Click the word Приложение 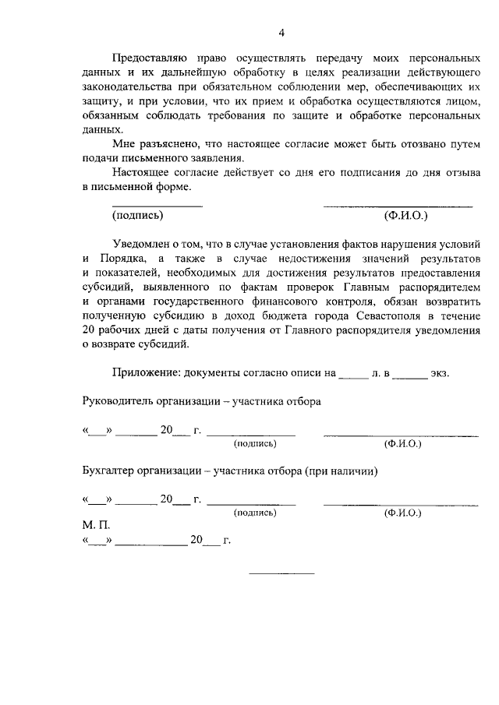[x=147, y=373]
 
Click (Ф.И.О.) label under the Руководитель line [x=402, y=443]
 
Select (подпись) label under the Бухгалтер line [x=255, y=513]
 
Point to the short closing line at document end [x=281, y=573]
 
